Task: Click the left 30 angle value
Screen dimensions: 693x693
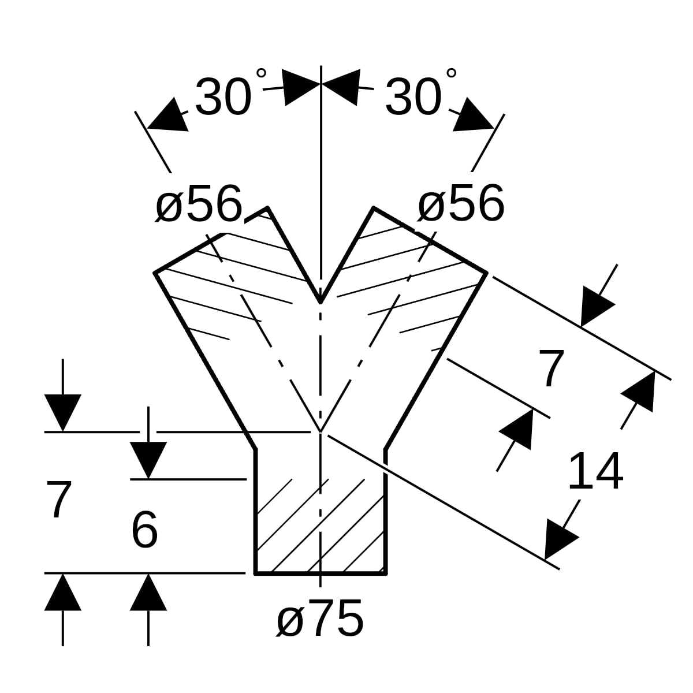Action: point(223,97)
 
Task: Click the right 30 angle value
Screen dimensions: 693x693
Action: point(413,97)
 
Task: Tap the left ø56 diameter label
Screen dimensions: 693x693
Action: point(198,203)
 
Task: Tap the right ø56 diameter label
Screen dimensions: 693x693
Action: point(461,203)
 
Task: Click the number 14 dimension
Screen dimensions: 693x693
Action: point(596,471)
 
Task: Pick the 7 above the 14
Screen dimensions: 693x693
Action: point(550,368)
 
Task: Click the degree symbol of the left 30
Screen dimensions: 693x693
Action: point(261,73)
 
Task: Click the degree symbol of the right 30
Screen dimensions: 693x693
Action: point(452,73)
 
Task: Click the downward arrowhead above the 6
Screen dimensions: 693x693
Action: point(148,460)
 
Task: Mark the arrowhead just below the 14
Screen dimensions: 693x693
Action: point(560,539)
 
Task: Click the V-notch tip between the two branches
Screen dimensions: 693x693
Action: point(320,303)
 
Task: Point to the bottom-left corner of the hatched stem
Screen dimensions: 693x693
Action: point(255,573)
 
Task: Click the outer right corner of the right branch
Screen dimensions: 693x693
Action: point(487,273)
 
